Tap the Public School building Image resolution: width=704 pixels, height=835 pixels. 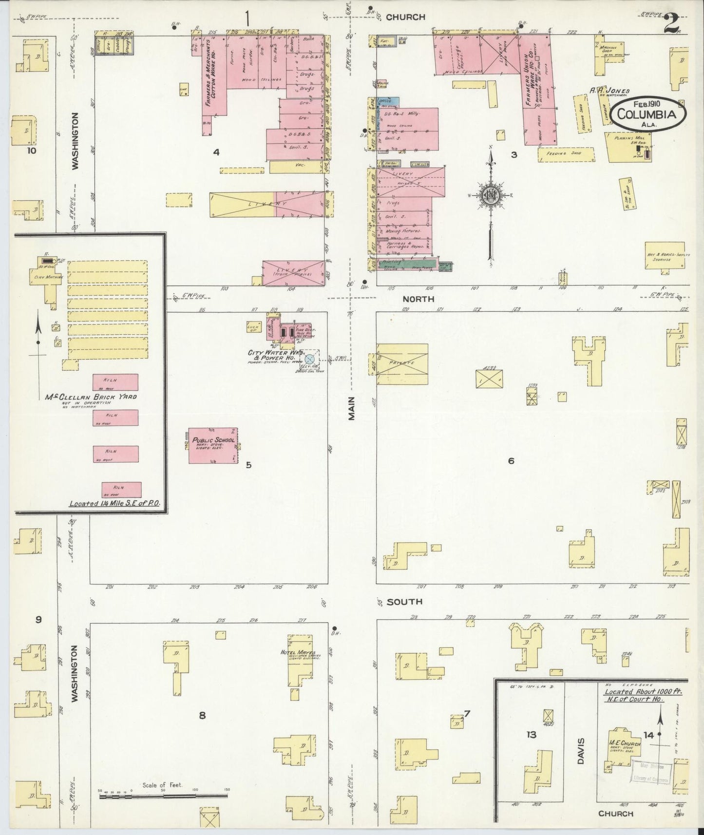[x=213, y=445]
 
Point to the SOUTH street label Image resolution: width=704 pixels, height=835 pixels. [x=404, y=602]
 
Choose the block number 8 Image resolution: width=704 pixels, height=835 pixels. [x=202, y=715]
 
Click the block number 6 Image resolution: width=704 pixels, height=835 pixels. [x=511, y=460]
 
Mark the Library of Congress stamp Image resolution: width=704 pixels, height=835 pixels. [x=651, y=773]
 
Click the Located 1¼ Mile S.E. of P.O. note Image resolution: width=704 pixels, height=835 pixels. [x=114, y=504]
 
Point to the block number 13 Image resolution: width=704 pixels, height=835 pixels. [x=531, y=734]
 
